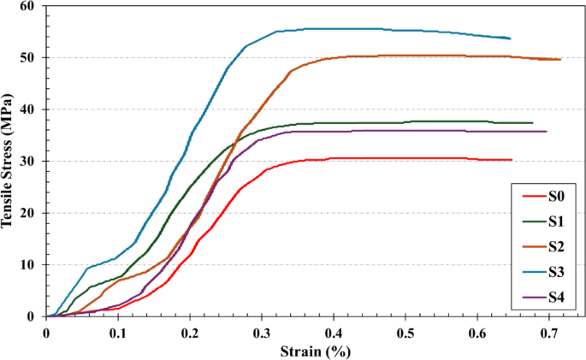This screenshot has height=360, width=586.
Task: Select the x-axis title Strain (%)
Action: (x=316, y=351)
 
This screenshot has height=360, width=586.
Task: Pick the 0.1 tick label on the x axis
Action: (x=118, y=333)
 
